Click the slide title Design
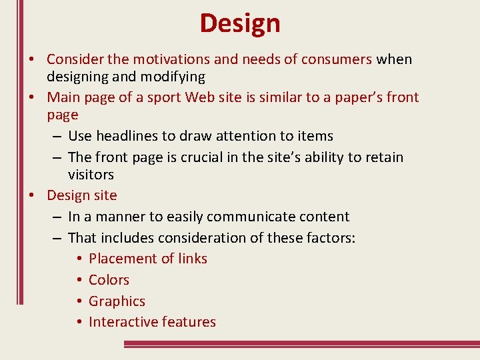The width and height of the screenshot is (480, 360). click(x=240, y=23)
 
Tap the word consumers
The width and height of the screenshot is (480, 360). click(x=337, y=59)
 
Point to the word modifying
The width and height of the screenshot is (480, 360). click(x=171, y=77)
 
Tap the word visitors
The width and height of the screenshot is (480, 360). click(x=91, y=175)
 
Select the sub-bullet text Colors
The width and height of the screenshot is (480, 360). click(x=109, y=280)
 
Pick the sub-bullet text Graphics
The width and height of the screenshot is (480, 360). click(x=117, y=301)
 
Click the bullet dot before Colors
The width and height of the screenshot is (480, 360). click(x=79, y=281)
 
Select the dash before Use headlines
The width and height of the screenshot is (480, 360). click(x=57, y=137)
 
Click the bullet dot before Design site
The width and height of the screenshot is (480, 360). click(x=31, y=196)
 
